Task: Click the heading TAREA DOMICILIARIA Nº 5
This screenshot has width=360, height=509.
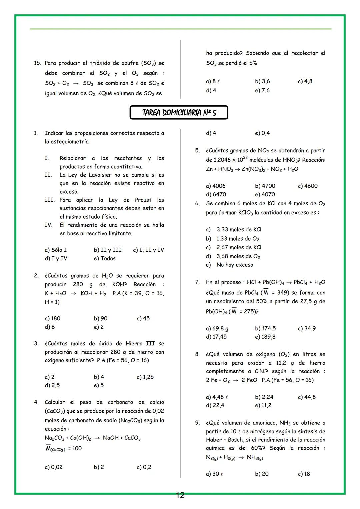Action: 179,113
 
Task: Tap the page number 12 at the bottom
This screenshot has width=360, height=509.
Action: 180,495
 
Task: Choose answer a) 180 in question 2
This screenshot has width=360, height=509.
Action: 52,318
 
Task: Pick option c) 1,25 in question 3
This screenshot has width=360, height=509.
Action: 145,377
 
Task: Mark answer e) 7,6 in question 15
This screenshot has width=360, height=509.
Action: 262,90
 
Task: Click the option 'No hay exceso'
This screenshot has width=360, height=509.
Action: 235,265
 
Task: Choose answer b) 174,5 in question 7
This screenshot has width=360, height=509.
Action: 265,328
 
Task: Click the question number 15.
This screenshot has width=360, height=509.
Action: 37,63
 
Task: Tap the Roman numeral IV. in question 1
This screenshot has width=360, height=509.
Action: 48,225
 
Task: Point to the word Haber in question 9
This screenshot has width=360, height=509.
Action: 214,440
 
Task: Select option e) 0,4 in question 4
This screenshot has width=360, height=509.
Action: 262,133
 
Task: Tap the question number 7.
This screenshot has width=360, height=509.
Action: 198,282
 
